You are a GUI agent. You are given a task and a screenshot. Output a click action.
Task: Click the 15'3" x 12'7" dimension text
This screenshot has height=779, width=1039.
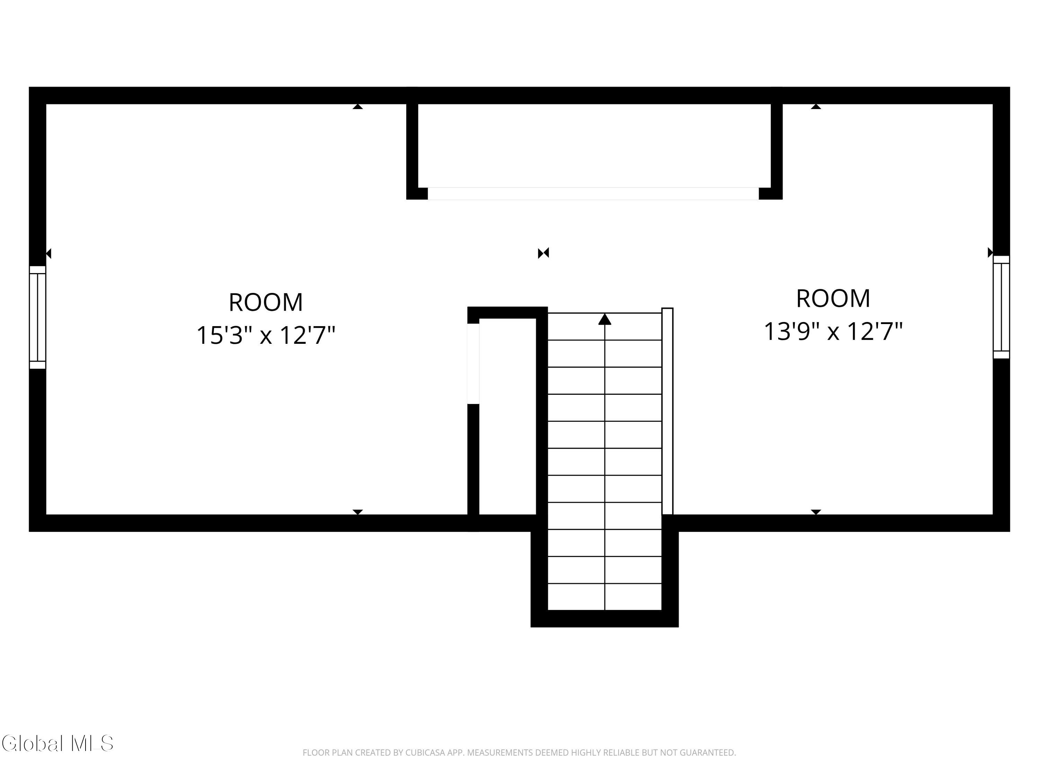[x=266, y=335]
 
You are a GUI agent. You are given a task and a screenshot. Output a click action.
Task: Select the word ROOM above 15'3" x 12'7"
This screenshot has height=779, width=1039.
[x=266, y=302]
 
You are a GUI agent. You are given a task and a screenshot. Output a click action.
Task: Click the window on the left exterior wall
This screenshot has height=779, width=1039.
[x=37, y=317]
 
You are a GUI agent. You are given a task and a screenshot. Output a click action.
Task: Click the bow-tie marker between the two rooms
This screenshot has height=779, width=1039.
[x=543, y=253]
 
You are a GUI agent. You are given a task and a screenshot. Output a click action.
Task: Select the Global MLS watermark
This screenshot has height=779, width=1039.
[x=57, y=743]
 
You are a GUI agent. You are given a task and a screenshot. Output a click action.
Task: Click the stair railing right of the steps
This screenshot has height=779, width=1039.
[x=667, y=411]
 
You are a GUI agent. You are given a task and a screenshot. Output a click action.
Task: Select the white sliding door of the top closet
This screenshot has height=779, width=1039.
[x=593, y=194]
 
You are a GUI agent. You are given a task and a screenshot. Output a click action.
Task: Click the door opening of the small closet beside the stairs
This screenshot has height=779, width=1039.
[x=473, y=364]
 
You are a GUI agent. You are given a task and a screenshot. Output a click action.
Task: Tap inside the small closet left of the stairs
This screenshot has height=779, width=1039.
[x=507, y=417]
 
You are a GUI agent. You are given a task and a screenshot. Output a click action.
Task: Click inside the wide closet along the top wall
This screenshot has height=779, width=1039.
[x=594, y=145]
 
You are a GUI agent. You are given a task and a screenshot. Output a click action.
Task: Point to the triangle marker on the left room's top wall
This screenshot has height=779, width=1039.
[x=358, y=107]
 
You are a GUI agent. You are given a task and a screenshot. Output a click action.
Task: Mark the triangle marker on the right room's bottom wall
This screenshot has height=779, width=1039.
[x=816, y=512]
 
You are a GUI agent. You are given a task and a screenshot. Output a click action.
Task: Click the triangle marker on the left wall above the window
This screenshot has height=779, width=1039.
[x=48, y=253]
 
